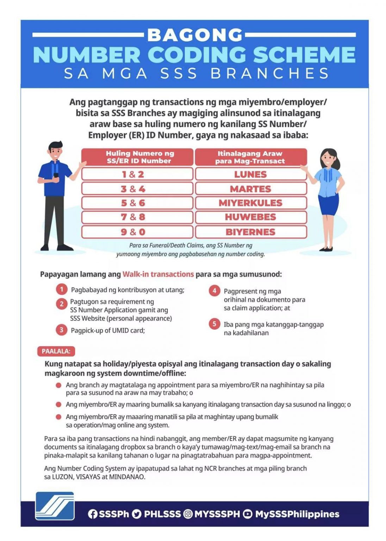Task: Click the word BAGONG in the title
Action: (x=195, y=35)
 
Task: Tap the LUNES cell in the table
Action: (x=250, y=174)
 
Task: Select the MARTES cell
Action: (x=250, y=189)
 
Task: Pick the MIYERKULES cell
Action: (x=250, y=203)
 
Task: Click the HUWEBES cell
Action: (x=250, y=217)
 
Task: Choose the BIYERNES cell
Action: (x=250, y=232)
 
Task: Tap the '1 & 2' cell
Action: (x=137, y=174)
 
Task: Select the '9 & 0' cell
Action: (x=137, y=232)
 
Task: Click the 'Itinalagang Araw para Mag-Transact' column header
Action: (x=250, y=157)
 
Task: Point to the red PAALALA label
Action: (x=56, y=351)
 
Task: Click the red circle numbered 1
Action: (x=61, y=290)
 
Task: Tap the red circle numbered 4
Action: (x=214, y=291)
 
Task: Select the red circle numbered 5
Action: (x=214, y=324)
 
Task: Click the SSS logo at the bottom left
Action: (x=55, y=506)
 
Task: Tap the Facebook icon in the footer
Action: (x=92, y=514)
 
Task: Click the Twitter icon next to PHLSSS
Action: (x=137, y=514)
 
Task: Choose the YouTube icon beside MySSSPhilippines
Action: (x=248, y=514)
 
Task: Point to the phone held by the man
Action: (x=56, y=175)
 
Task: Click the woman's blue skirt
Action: (x=328, y=204)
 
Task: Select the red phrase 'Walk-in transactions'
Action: (x=158, y=274)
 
